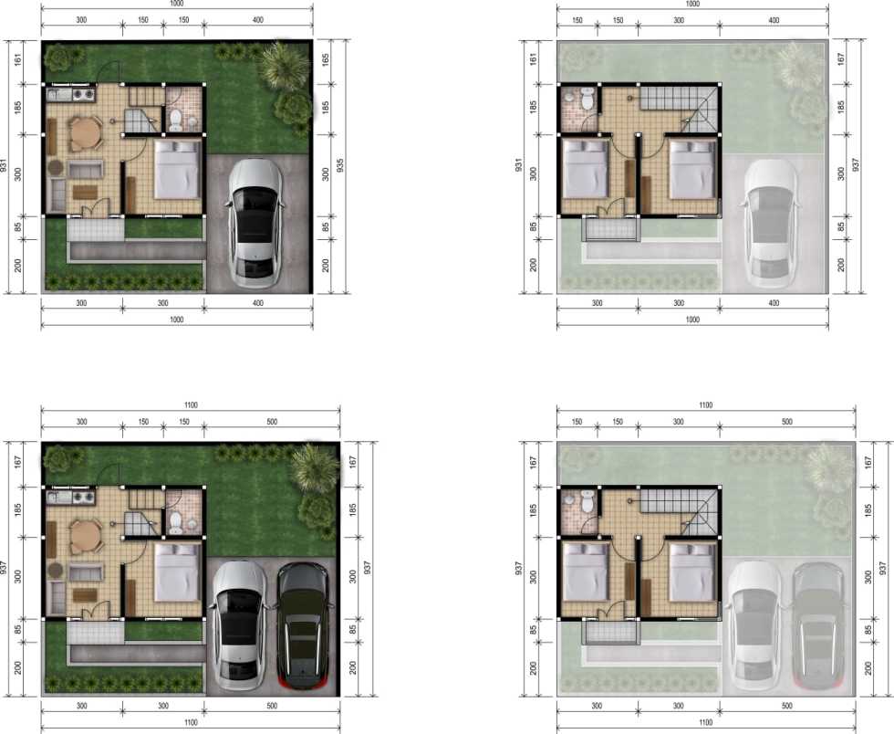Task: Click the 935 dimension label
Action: [340, 165]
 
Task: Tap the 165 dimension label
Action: [326, 60]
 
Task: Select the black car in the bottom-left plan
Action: [303, 626]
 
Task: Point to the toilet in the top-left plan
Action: [175, 121]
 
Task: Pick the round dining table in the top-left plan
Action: [85, 134]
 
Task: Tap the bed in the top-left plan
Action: [178, 170]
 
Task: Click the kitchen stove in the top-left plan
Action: [84, 94]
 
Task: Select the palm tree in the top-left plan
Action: [284, 65]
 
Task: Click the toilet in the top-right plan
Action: [587, 100]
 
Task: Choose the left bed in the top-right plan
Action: [585, 170]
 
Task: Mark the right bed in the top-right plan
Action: [692, 170]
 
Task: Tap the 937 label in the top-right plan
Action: [855, 165]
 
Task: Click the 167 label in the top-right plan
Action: [841, 58]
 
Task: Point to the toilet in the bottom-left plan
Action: [175, 522]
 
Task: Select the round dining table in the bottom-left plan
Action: [85, 536]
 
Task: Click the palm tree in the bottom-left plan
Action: [312, 467]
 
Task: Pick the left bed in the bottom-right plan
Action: [585, 571]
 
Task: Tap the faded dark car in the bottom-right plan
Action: [817, 626]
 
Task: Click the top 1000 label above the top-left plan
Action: [177, 4]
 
